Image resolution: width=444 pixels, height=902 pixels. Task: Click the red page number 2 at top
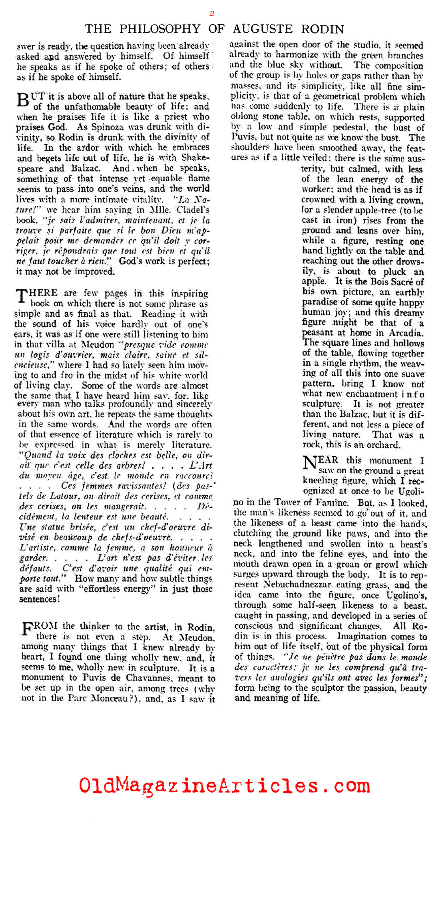pyautogui.click(x=212, y=13)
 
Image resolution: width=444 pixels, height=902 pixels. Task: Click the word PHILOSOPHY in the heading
pyautogui.click(x=160, y=29)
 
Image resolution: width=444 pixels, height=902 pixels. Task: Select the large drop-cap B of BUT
pyautogui.click(x=22, y=100)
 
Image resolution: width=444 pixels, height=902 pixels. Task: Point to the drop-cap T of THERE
pyautogui.click(x=21, y=295)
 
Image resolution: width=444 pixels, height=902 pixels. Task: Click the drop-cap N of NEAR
pyautogui.click(x=309, y=463)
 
